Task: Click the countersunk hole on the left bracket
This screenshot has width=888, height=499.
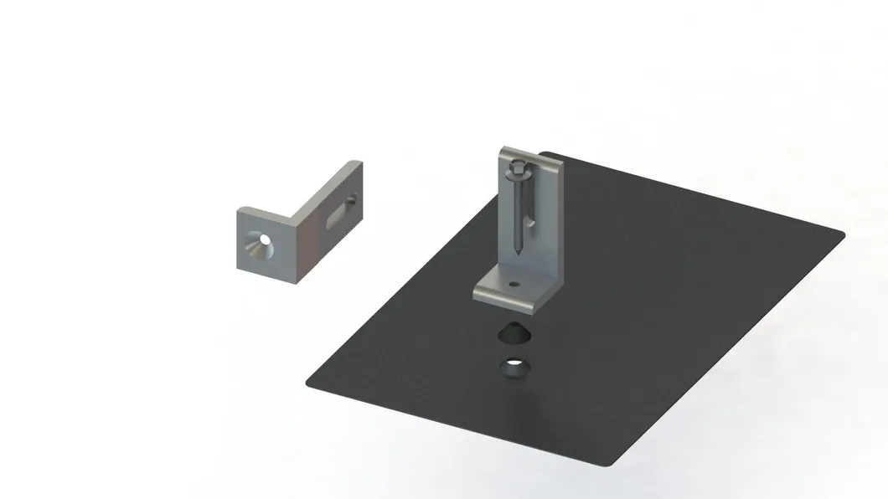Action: point(262,240)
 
